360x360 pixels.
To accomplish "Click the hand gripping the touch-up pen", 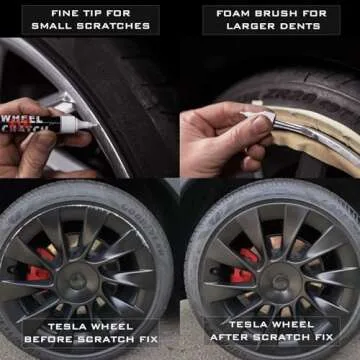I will [25, 140].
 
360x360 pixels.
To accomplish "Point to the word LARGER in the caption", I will [243, 26].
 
